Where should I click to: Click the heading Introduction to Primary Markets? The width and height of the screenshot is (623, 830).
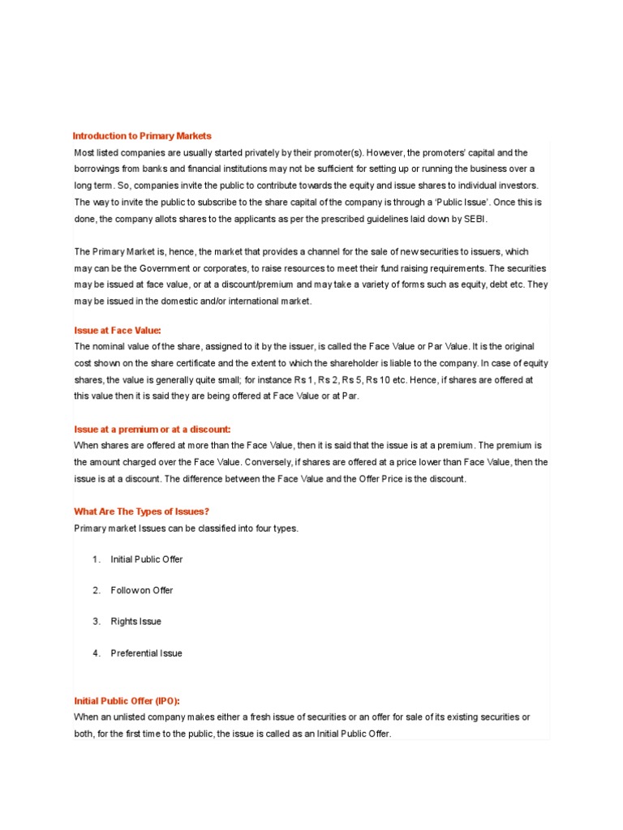point(142,136)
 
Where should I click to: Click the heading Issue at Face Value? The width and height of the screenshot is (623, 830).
point(118,331)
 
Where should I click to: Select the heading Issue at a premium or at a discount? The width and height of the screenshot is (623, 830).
point(153,429)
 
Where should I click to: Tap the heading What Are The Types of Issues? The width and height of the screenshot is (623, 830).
point(135,511)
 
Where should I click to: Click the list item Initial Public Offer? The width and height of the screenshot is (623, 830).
point(147,559)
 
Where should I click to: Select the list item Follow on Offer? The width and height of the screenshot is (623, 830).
point(142,590)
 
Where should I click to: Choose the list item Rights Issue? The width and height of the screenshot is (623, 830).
point(136,622)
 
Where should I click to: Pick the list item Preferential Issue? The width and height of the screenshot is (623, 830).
point(147,653)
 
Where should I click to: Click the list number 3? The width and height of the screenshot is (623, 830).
point(96,622)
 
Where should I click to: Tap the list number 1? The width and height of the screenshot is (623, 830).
point(96,559)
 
